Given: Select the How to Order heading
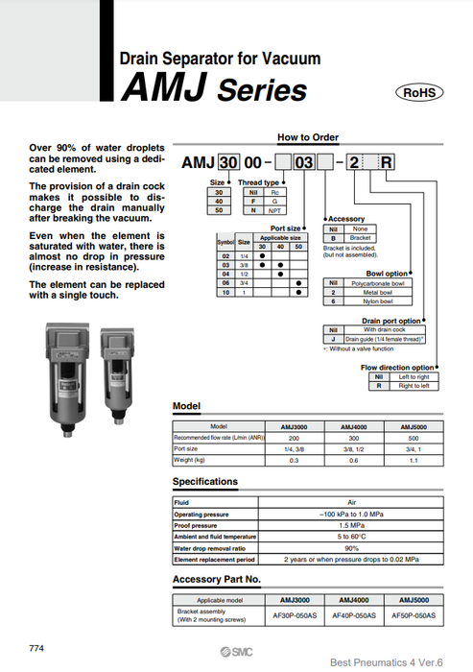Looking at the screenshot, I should [x=306, y=137].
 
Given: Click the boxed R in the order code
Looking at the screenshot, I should [x=387, y=160].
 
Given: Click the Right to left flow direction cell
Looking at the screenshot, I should [x=414, y=385].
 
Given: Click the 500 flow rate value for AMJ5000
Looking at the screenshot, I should [x=414, y=437].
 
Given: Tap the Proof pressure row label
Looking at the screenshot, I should [x=197, y=526].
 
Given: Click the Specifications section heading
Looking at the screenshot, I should [x=205, y=481].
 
